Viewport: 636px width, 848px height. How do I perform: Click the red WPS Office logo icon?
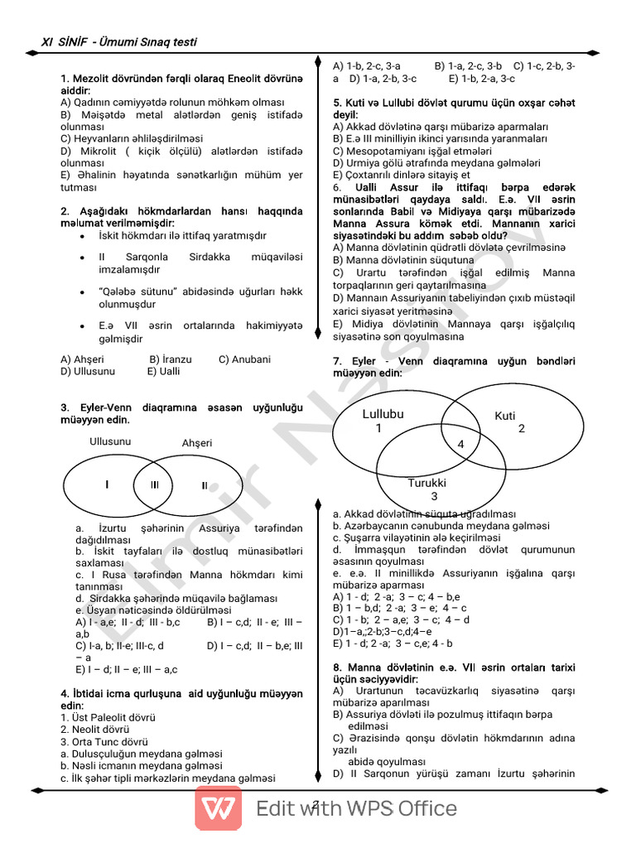[x=219, y=808]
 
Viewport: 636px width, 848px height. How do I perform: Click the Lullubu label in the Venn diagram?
[x=383, y=414]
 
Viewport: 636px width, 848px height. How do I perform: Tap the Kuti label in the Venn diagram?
[x=505, y=416]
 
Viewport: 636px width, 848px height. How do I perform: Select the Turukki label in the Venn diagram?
[x=427, y=483]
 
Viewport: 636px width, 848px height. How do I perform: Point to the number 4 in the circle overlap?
[x=461, y=445]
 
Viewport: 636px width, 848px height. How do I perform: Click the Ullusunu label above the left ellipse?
[x=110, y=441]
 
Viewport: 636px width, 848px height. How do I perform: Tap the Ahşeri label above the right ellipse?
[x=196, y=443]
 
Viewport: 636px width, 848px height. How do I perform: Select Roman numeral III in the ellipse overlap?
[x=155, y=485]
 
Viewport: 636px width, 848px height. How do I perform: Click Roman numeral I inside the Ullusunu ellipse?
[x=107, y=484]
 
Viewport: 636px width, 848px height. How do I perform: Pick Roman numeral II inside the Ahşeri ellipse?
[x=205, y=485]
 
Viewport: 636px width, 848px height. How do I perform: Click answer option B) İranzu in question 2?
[x=171, y=359]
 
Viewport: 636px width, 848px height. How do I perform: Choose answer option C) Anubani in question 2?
[x=244, y=359]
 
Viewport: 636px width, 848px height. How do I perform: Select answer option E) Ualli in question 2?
[x=163, y=372]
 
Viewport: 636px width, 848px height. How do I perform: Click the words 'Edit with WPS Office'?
[x=356, y=808]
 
